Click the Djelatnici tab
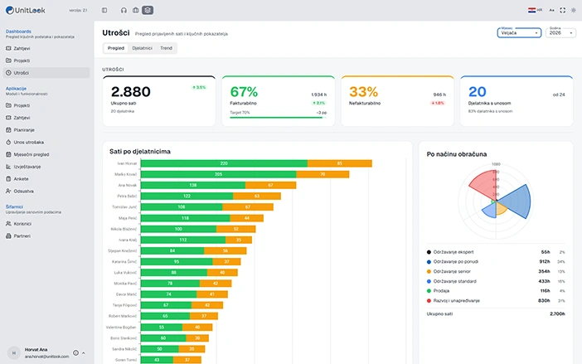[142, 49]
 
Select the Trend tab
[166, 49]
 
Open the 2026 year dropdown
[560, 33]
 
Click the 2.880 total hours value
[131, 92]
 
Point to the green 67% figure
[244, 92]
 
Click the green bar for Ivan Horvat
[223, 163]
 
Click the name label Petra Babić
[125, 196]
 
